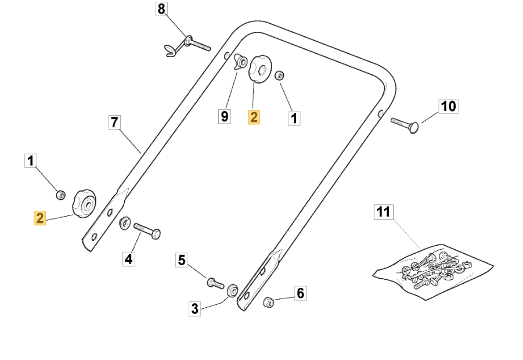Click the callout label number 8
tap(161, 9)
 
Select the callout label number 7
tap(114, 123)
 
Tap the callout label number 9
tap(224, 116)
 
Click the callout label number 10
tap(448, 106)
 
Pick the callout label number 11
tap(383, 212)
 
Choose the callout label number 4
tap(129, 259)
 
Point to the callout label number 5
tap(182, 261)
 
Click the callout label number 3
tap(195, 309)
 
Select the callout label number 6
tap(300, 294)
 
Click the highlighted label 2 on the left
tap(40, 218)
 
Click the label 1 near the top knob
tap(294, 118)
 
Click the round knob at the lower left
tap(84, 203)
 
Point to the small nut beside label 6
tap(268, 301)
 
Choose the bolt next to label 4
tap(146, 229)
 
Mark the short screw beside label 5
tap(215, 283)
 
